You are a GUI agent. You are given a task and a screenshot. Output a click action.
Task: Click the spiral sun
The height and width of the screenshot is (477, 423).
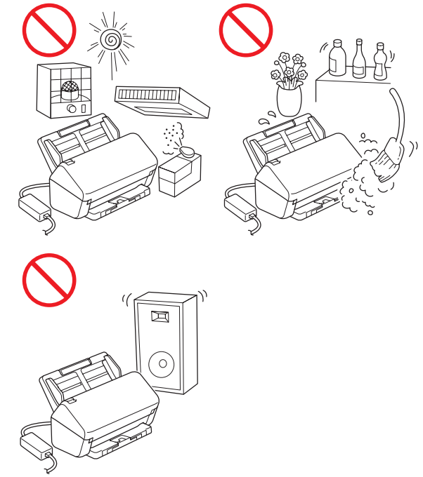click(x=110, y=40)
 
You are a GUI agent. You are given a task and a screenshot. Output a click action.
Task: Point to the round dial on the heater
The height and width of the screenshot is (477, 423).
click(x=71, y=109)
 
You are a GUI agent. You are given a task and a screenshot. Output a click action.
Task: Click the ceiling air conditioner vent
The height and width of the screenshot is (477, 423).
click(x=162, y=100)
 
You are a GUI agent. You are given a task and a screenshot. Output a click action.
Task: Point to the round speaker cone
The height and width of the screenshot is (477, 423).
click(x=162, y=363)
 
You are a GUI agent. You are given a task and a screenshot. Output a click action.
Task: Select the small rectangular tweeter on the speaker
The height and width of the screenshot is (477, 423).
click(x=162, y=316)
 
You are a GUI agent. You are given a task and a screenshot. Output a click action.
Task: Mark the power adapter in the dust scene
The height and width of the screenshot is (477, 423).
click(x=237, y=206)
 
